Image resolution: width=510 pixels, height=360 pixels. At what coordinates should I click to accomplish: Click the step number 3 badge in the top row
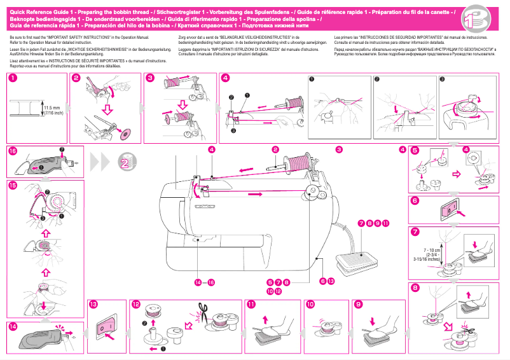150,78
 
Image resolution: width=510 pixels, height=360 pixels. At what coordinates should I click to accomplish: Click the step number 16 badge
13,151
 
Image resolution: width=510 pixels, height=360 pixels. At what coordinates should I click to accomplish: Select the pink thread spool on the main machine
297,161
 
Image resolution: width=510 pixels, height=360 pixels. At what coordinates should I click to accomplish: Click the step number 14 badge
13,327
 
